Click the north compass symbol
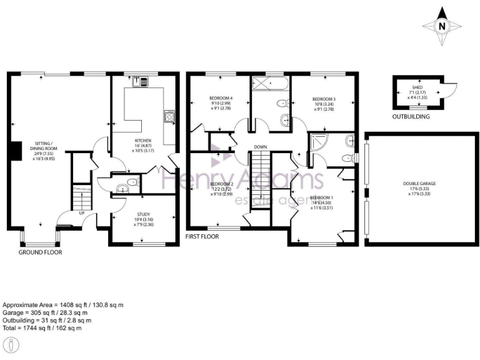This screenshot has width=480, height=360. (x=442, y=26)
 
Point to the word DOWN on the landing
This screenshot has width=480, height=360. (x=261, y=148)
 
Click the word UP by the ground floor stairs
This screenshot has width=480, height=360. (x=81, y=212)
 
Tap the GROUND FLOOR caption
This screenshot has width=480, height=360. (x=41, y=252)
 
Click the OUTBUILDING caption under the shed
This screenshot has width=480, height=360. (x=412, y=117)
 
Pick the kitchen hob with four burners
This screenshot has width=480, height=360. (x=169, y=116)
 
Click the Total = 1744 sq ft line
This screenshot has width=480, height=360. (x=42, y=327)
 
